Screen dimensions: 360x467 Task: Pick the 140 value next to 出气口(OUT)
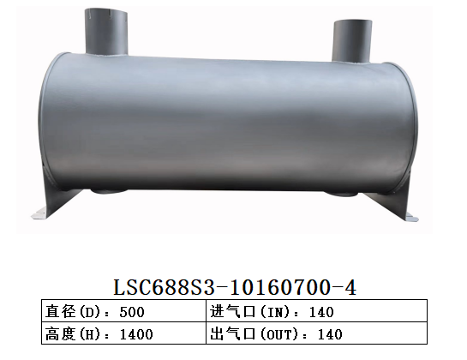coord(330,333)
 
